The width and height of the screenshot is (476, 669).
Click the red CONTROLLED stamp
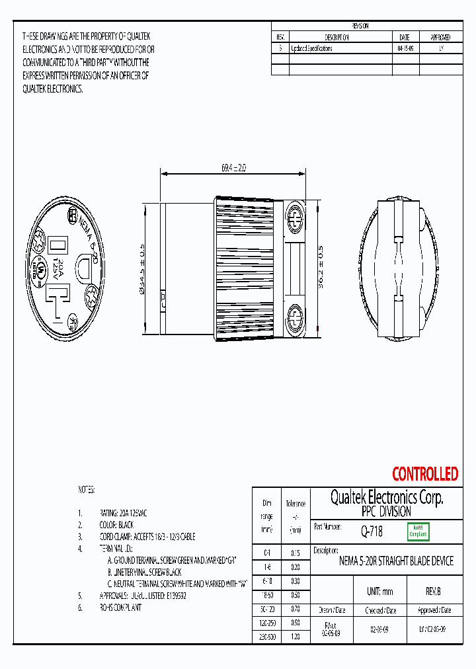point(424,474)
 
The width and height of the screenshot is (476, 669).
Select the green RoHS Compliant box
point(418,531)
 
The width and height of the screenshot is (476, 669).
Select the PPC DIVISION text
point(386,512)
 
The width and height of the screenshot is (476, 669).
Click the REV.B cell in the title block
point(433,592)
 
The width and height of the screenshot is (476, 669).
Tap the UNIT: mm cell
point(379,592)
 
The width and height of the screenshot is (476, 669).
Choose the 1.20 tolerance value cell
point(295,636)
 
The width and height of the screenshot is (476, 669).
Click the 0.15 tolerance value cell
point(295,553)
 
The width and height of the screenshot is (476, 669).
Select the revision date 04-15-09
point(405,48)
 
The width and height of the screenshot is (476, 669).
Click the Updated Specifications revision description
point(311,48)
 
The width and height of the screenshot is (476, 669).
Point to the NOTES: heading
point(87,490)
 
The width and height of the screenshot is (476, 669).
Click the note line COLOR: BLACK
point(116,525)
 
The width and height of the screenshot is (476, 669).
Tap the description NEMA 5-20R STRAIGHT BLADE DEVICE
point(396,561)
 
